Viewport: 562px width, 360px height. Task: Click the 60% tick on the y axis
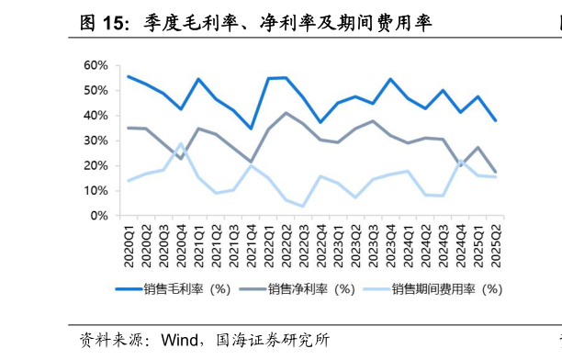pyautogui.click(x=96, y=65)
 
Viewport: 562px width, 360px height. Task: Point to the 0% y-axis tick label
pyautogui.click(x=98, y=216)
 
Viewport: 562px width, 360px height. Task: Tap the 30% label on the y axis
pyautogui.click(x=96, y=141)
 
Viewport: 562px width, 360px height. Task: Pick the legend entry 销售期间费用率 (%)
pyautogui.click(x=445, y=289)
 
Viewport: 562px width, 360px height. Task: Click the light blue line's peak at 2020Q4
pyautogui.click(x=181, y=143)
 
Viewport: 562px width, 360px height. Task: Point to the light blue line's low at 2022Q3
pyautogui.click(x=302, y=206)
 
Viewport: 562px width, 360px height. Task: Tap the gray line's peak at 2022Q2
pyautogui.click(x=286, y=113)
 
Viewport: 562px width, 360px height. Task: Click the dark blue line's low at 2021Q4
pyautogui.click(x=251, y=129)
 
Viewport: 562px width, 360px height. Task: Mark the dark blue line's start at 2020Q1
pyautogui.click(x=129, y=76)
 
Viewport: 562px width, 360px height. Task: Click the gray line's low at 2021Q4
pyautogui.click(x=251, y=162)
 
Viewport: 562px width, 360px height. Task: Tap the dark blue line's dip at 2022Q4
pyautogui.click(x=320, y=122)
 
